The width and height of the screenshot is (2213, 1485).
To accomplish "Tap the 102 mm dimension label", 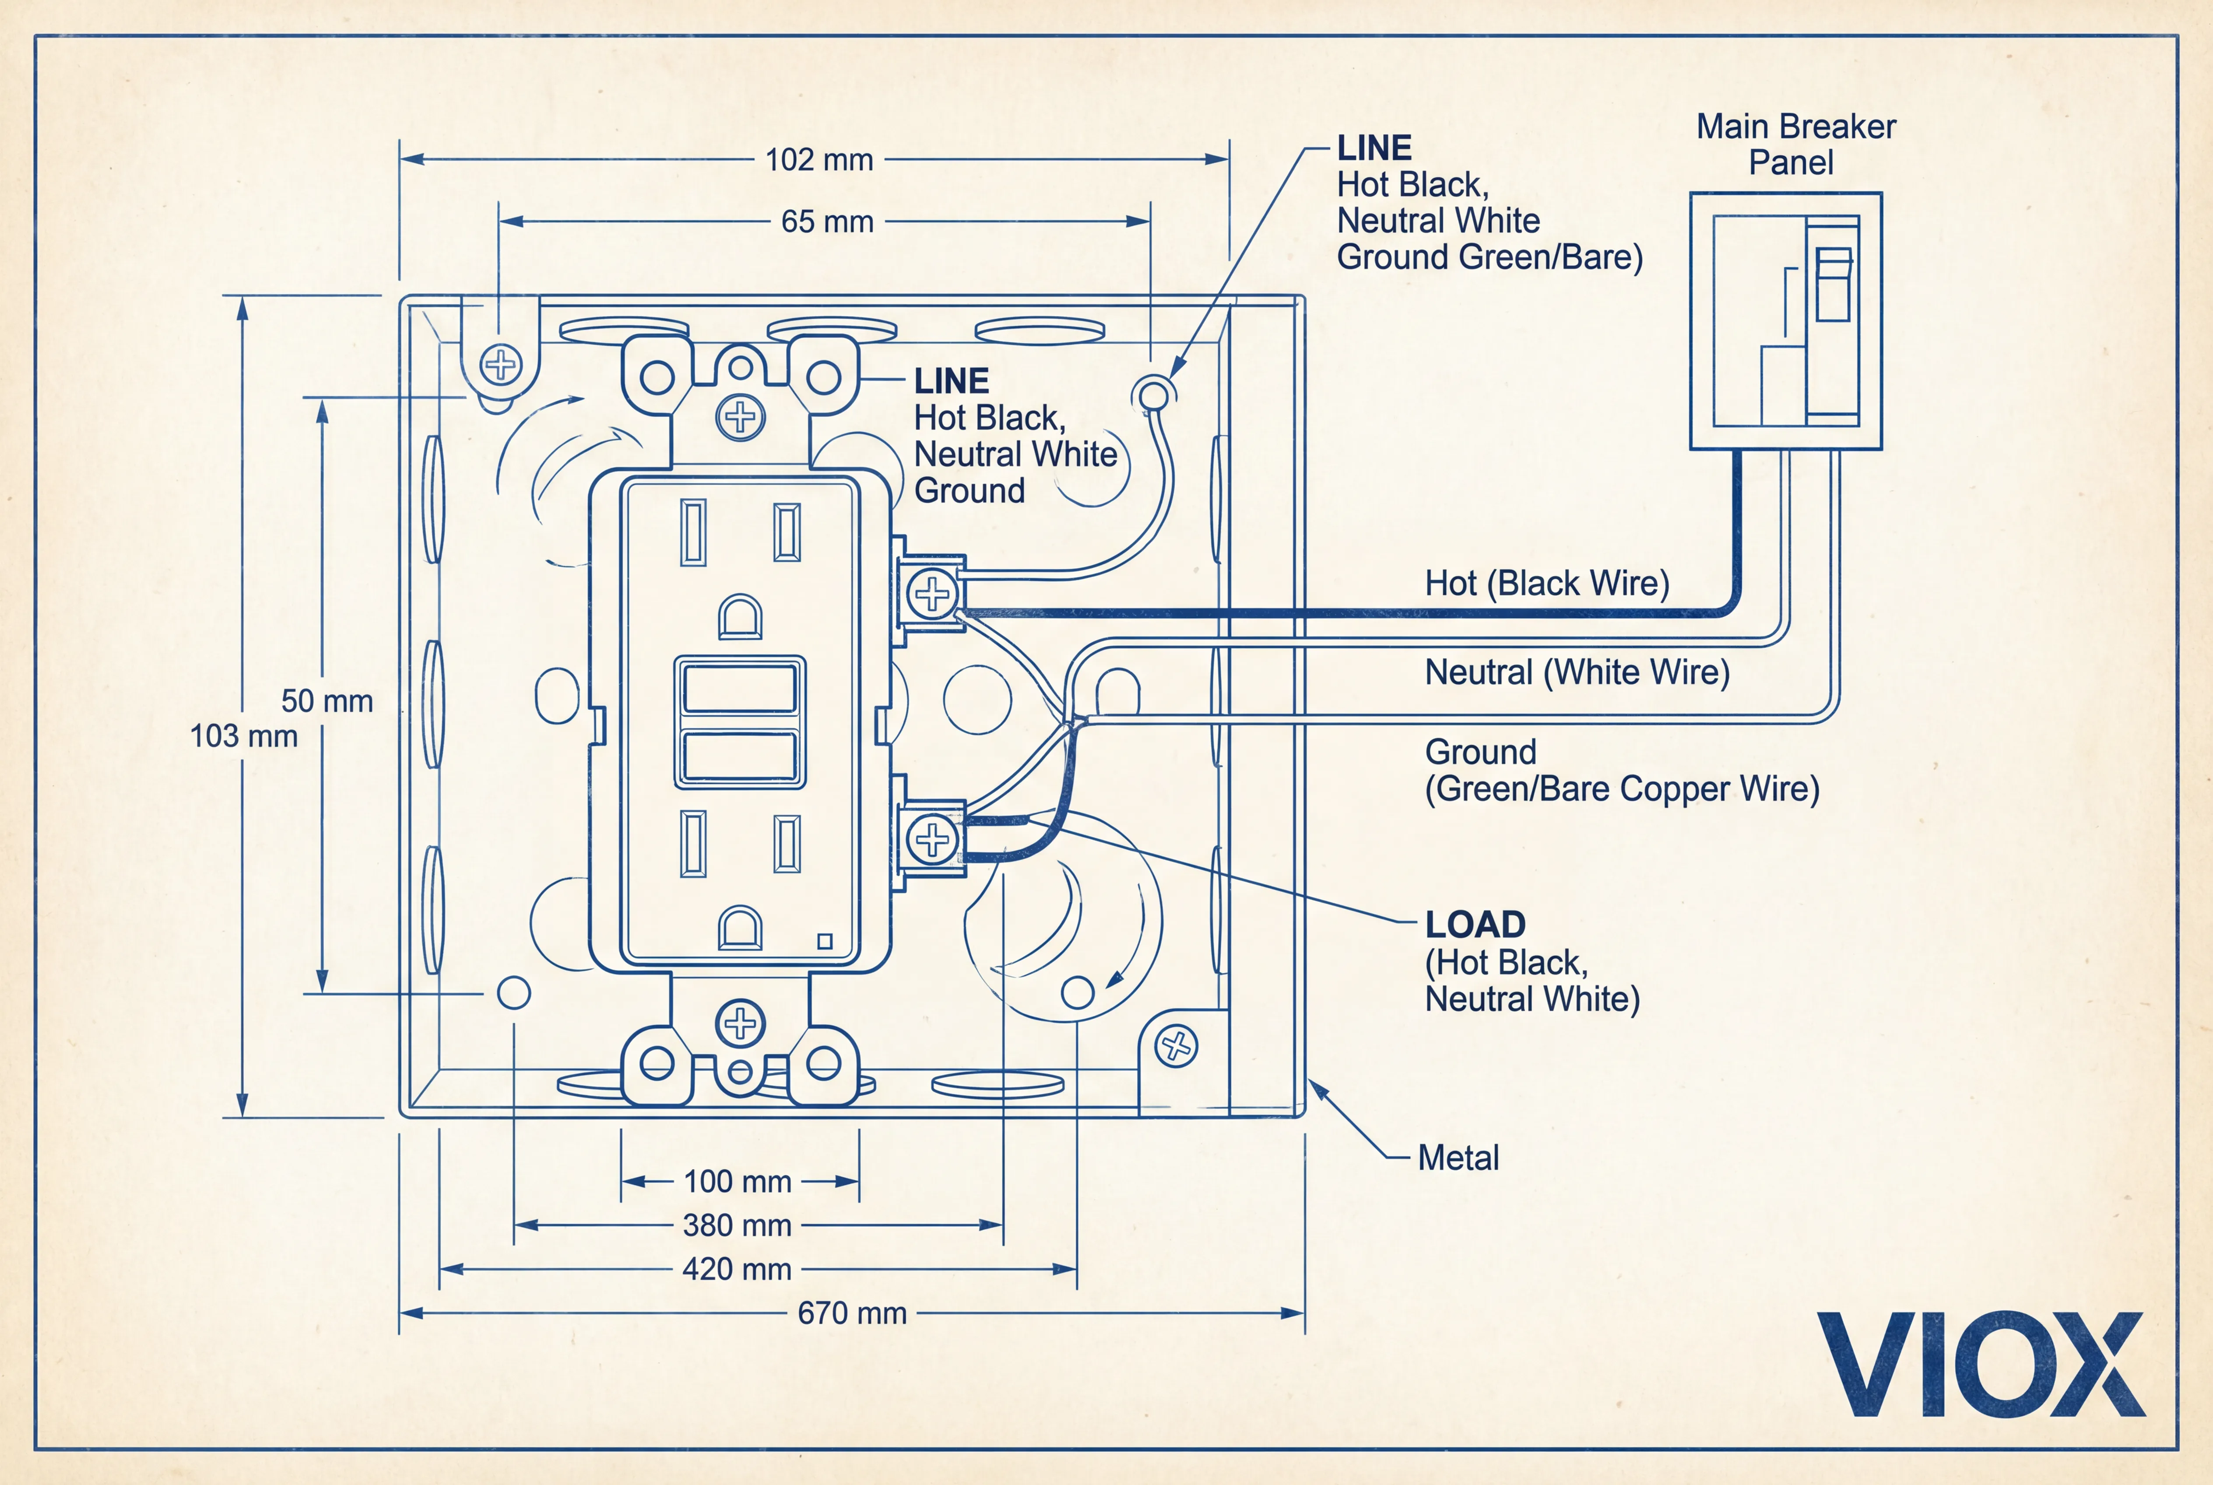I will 818,160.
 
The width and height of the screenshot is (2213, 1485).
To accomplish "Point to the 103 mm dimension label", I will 243,736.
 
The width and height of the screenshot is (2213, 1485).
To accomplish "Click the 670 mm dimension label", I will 851,1313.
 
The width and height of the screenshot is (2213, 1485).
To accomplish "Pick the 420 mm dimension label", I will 737,1269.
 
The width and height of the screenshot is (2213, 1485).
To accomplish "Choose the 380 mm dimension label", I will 737,1225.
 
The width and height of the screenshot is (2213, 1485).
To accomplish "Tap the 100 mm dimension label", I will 737,1182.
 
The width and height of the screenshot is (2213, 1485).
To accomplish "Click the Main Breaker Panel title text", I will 1795,144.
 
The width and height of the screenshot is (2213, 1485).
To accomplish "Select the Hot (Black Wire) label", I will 1546,584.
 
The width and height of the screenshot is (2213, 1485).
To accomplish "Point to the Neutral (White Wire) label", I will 1577,672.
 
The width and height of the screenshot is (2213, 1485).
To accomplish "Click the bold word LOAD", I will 1475,924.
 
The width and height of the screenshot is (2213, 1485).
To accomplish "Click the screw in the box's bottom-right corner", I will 1176,1046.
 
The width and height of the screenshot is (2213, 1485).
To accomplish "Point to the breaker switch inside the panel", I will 1833,284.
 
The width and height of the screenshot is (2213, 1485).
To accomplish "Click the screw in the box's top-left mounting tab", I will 501,365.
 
